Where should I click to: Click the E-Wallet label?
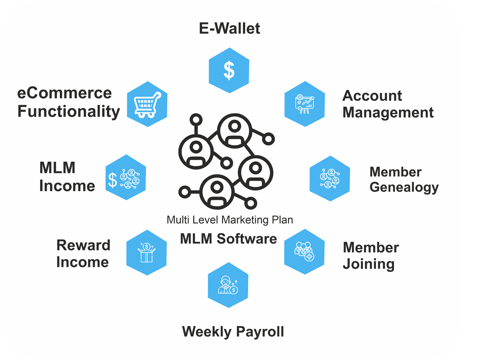229,28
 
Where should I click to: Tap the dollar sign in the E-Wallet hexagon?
229,70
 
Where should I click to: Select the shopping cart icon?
147,105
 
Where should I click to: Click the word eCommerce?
64,93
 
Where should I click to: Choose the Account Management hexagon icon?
305,104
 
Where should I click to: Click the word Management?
388,113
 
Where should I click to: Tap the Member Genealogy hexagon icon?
330,178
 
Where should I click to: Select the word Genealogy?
404,188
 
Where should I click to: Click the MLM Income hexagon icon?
126,177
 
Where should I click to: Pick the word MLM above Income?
57,168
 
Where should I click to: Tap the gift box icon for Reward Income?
146,253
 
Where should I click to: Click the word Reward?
83,245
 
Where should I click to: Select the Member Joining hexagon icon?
304,252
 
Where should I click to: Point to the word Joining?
369,264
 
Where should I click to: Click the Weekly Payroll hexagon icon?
228,285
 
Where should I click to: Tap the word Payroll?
260,332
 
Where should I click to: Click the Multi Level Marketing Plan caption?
230,220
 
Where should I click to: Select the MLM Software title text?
228,239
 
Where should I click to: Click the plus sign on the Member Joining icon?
309,256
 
